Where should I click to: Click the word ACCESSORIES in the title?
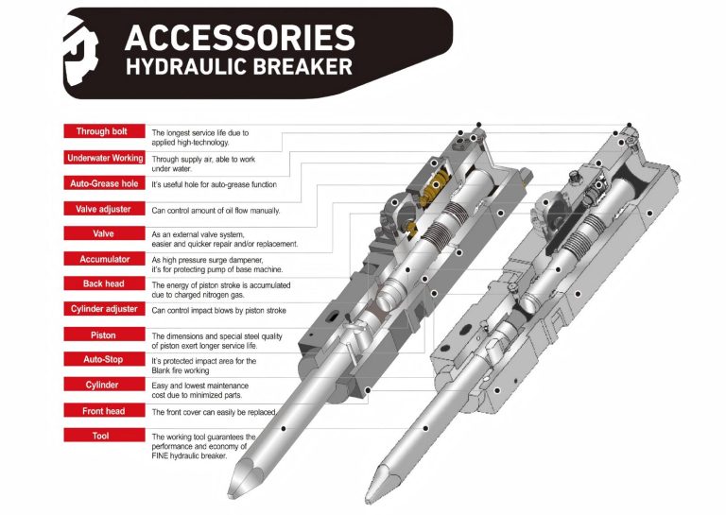pos(239,38)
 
